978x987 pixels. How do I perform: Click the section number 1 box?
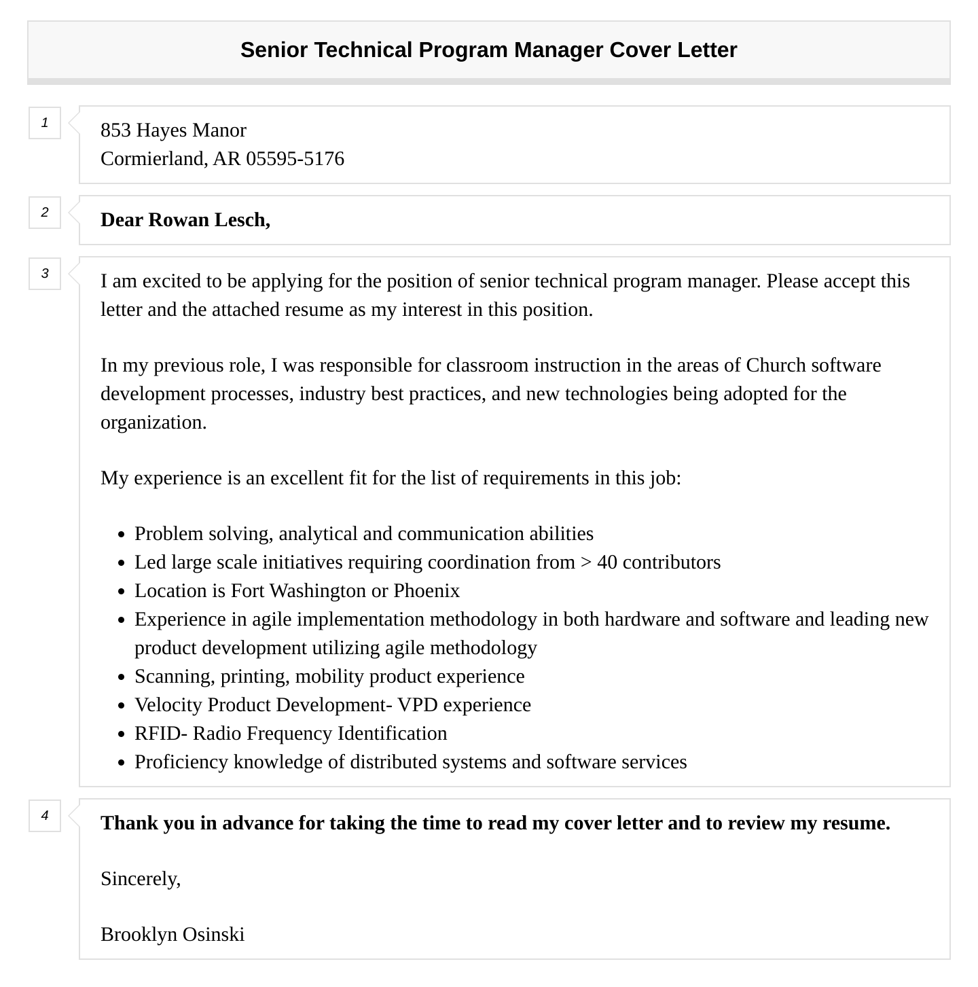click(x=45, y=123)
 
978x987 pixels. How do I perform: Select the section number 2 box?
click(x=45, y=213)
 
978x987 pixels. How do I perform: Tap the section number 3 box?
click(x=45, y=274)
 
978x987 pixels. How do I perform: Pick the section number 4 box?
click(x=45, y=816)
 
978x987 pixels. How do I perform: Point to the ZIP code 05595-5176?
click(x=295, y=159)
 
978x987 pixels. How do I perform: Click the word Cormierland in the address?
click(x=153, y=159)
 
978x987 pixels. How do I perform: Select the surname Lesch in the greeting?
click(x=241, y=220)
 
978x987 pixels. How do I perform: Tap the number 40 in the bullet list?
click(x=607, y=562)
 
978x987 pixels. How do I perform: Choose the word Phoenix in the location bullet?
click(x=427, y=591)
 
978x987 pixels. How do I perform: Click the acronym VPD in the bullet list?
click(x=418, y=705)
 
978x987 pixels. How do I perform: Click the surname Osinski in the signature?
click(x=213, y=935)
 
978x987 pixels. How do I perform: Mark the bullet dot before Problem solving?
click(x=121, y=535)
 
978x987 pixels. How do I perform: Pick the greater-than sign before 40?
click(x=586, y=562)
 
